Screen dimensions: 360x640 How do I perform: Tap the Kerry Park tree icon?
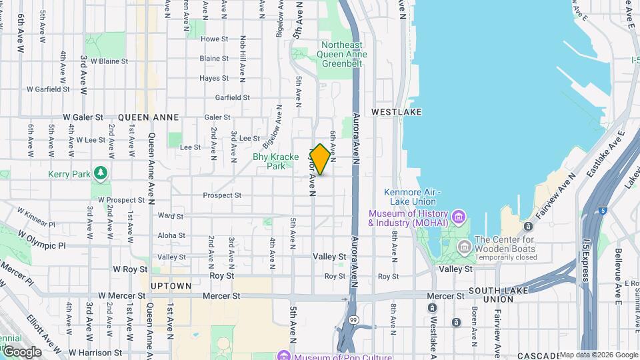(101, 174)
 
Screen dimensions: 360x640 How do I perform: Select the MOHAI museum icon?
(457, 217)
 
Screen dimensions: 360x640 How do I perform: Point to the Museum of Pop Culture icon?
(285, 355)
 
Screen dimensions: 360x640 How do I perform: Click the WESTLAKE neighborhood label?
(397, 112)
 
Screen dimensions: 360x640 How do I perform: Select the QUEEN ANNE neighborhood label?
(148, 117)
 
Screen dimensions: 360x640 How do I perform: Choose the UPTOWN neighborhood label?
(171, 286)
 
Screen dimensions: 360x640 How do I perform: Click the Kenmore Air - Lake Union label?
(410, 197)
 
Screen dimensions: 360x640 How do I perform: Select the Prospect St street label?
(222, 195)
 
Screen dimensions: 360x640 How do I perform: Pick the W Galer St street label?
(83, 117)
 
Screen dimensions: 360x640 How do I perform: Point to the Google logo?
(22, 351)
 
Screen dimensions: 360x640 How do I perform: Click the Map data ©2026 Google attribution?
(599, 355)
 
